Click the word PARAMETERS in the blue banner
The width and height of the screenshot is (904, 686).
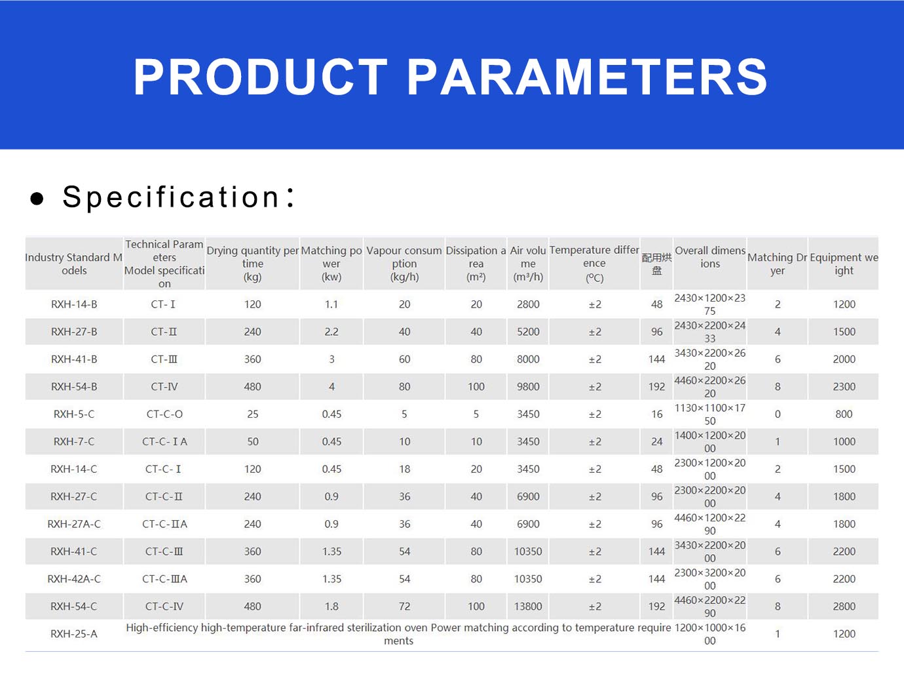coord(588,77)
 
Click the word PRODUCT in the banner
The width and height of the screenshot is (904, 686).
coord(260,77)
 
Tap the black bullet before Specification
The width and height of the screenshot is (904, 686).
coord(37,198)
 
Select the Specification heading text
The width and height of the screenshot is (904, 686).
coord(178,197)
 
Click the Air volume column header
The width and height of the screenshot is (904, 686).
coord(528,264)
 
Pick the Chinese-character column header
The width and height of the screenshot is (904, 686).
coord(656,264)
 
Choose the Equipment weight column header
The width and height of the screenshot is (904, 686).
coord(844,264)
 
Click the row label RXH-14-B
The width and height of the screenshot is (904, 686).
coord(74,304)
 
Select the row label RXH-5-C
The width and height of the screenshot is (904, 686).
coord(74,414)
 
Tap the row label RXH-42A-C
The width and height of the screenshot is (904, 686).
coord(74,579)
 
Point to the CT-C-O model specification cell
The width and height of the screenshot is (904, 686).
coord(164,414)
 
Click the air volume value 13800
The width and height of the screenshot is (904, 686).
coord(528,607)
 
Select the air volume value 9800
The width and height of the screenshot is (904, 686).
coord(528,387)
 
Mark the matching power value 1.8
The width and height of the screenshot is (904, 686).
coord(331,607)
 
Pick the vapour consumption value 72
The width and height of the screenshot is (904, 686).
coord(404,607)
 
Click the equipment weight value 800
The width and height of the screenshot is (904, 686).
coord(844,414)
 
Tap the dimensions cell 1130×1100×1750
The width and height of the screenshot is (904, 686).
coord(710,414)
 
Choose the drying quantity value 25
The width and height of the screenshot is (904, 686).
coord(252,414)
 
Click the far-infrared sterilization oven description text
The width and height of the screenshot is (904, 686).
coord(399,634)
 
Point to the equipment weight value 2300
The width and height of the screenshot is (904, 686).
coord(844,387)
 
